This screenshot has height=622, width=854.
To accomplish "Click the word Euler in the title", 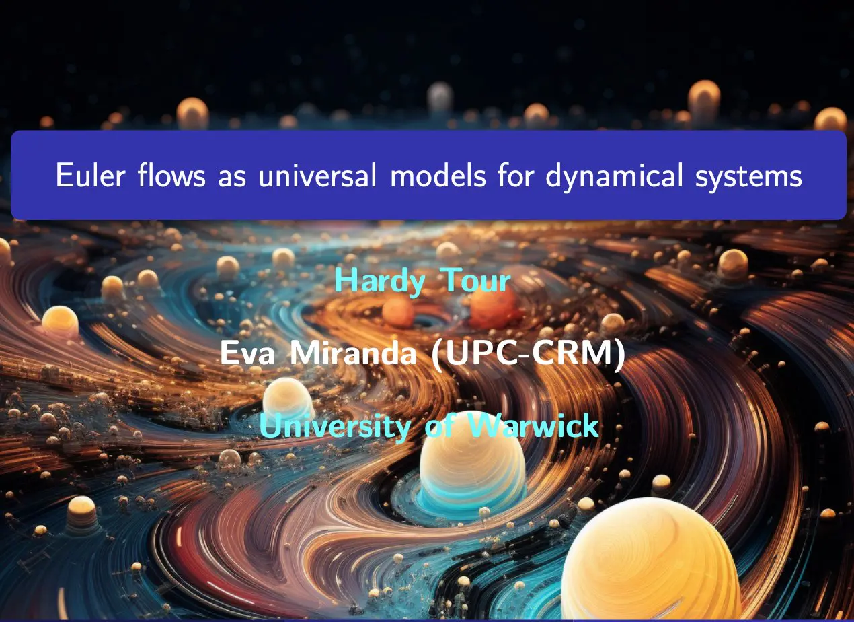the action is (x=90, y=175).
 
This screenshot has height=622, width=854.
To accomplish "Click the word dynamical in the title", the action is (x=614, y=176).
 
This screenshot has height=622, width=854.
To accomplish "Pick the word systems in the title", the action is (x=749, y=177).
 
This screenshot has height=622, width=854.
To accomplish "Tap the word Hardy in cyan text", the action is (x=380, y=281).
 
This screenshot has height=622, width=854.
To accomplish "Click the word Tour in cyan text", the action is (x=475, y=280).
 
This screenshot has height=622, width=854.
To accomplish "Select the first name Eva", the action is (x=247, y=353).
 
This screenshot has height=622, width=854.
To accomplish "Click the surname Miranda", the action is (x=353, y=352).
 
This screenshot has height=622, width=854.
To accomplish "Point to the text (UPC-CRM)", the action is (x=529, y=354).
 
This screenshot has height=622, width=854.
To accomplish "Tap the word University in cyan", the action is (x=335, y=426).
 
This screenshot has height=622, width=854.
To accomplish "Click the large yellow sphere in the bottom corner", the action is (x=650, y=561).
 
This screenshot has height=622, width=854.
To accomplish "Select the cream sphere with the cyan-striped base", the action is (x=472, y=466).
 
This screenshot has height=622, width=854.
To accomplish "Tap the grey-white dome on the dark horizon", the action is (x=440, y=98).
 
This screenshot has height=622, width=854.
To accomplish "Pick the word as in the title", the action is (x=232, y=178).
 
